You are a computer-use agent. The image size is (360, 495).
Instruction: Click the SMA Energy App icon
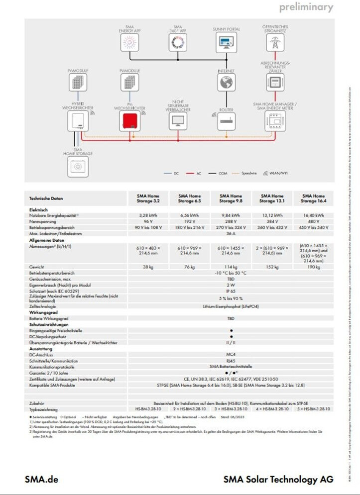click(x=129, y=42)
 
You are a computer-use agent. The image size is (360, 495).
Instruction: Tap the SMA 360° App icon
click(x=177, y=42)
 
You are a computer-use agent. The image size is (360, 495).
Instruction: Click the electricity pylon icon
click(x=274, y=43)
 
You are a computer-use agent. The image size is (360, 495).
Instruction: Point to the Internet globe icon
click(x=226, y=84)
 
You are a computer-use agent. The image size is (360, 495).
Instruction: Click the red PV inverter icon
click(x=129, y=121)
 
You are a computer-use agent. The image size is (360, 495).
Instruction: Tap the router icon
click(x=226, y=121)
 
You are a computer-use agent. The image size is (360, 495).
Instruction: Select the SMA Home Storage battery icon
click(x=78, y=167)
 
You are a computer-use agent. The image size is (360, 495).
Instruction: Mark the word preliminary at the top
click(x=306, y=7)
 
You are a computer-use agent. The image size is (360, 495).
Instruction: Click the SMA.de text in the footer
click(x=42, y=480)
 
